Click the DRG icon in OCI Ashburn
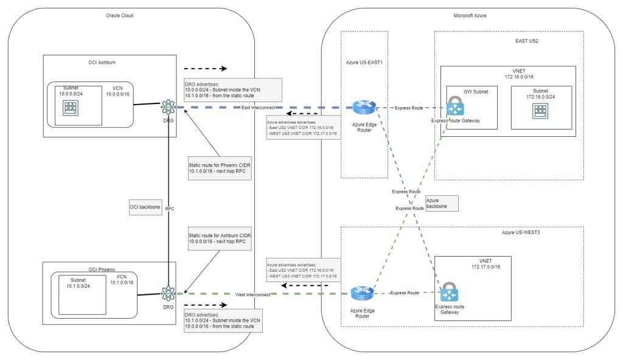[x=167, y=108]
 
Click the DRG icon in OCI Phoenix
[x=167, y=294]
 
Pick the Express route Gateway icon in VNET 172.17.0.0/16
[x=450, y=292]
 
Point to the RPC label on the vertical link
[x=170, y=208]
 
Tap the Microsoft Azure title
[x=469, y=15]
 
